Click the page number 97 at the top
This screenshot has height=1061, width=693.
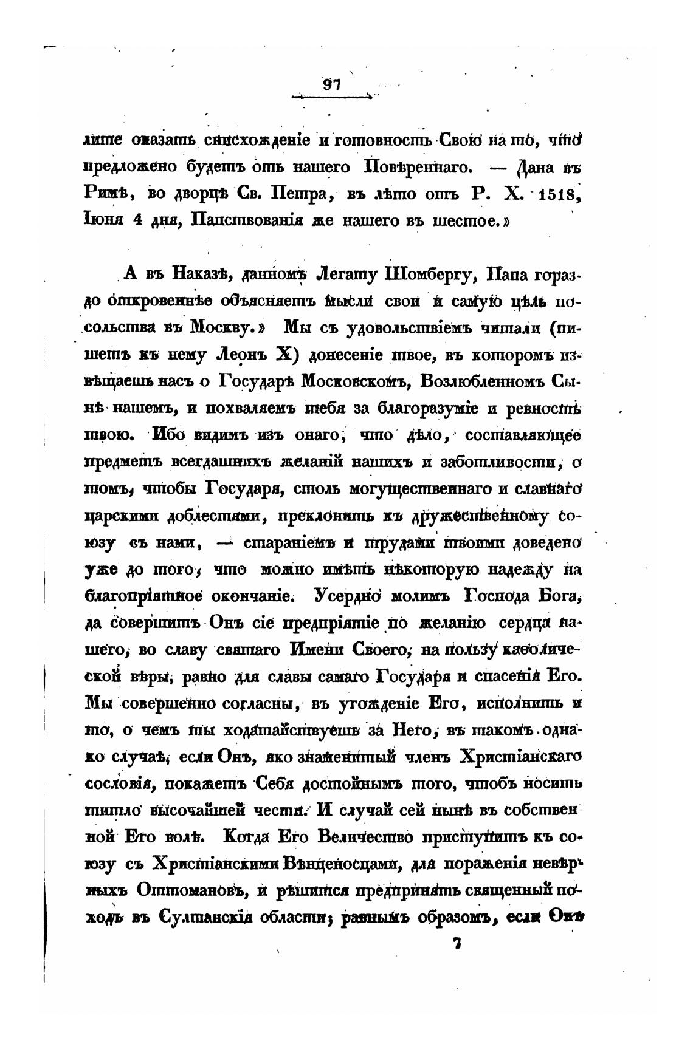(332, 85)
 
